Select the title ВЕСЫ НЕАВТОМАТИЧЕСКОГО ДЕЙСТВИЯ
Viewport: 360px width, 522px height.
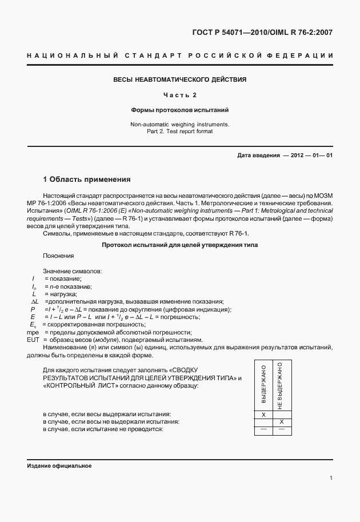click(180, 79)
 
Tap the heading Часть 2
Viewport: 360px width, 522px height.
click(180, 95)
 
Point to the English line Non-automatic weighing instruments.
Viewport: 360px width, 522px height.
click(180, 124)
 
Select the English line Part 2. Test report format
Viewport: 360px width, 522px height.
click(180, 131)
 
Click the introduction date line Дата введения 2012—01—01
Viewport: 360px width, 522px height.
click(285, 156)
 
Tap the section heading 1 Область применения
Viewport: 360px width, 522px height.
click(87, 179)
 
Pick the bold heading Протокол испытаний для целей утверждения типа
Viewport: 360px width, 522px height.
click(180, 245)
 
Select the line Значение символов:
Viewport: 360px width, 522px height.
click(73, 270)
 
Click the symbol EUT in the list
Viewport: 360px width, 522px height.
click(33, 340)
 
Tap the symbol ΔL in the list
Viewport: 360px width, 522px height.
click(34, 301)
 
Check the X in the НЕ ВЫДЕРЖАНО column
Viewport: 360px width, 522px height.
click(281, 421)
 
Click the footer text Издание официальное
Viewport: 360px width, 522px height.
click(59, 466)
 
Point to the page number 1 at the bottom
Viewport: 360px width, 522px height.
click(331, 477)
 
